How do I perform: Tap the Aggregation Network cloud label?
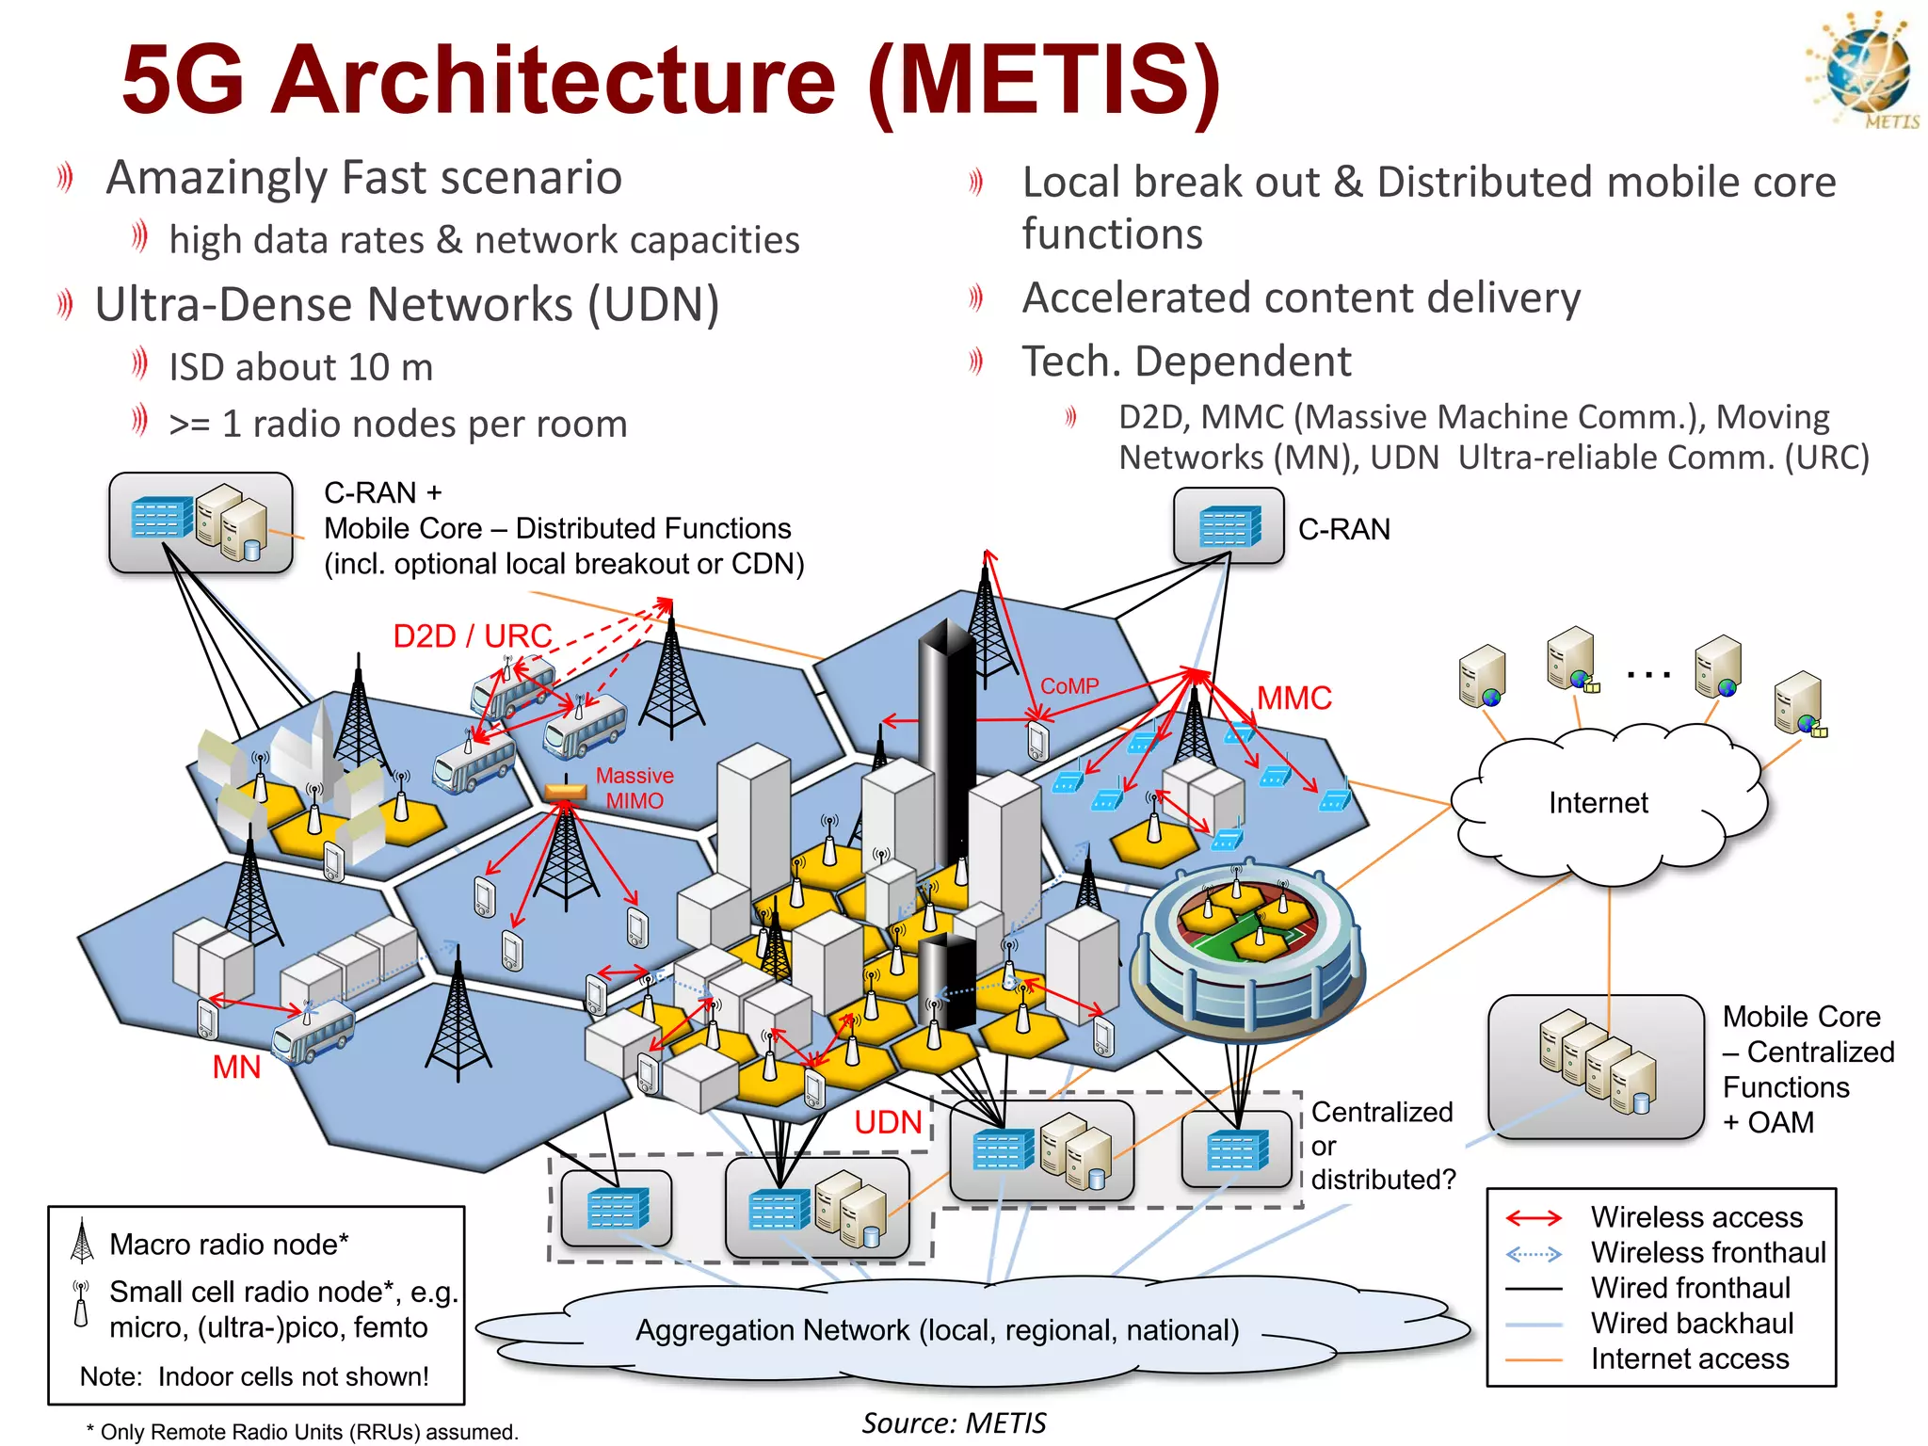pos(937,1330)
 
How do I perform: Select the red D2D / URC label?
pos(472,636)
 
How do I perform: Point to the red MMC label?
pos(1294,699)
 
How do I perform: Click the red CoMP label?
pos(1069,686)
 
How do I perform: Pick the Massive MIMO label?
pos(635,788)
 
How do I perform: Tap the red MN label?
pos(236,1068)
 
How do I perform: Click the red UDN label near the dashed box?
pos(888,1122)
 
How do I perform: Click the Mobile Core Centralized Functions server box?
pos(1596,1067)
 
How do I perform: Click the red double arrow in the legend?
pos(1534,1218)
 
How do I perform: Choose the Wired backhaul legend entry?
pos(1692,1324)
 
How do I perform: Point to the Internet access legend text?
pos(1690,1358)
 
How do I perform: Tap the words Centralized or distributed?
pos(1382,1146)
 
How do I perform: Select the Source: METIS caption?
pos(954,1422)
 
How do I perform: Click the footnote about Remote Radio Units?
pos(302,1432)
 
